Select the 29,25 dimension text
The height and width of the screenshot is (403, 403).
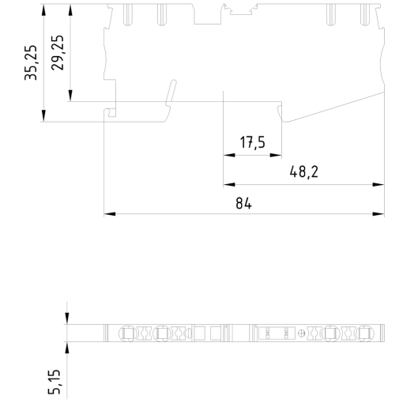[x=58, y=54]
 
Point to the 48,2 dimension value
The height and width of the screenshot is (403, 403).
[x=299, y=171]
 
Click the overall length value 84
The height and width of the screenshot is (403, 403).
[x=243, y=202]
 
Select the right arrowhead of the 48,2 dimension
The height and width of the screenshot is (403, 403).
[x=370, y=185]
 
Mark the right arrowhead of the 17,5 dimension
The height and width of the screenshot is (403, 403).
[x=278, y=156]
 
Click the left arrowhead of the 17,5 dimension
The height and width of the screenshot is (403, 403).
[x=229, y=156]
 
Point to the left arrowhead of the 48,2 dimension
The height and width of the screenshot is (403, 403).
[x=229, y=185]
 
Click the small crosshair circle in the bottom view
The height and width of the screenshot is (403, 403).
[x=299, y=333]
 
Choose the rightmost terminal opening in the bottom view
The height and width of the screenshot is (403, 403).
[x=364, y=333]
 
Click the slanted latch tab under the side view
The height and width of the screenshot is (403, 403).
[x=168, y=94]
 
